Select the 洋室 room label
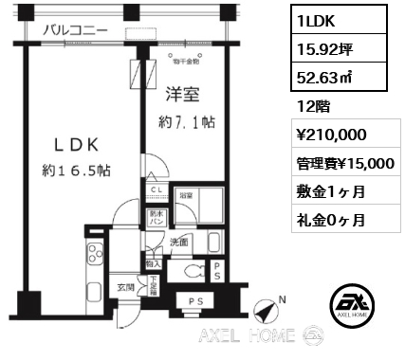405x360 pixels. point(182,94)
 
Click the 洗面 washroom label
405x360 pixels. point(179,242)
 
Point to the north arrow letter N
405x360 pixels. point(282,302)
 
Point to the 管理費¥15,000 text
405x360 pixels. point(345,163)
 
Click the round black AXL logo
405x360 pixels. point(351,306)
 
